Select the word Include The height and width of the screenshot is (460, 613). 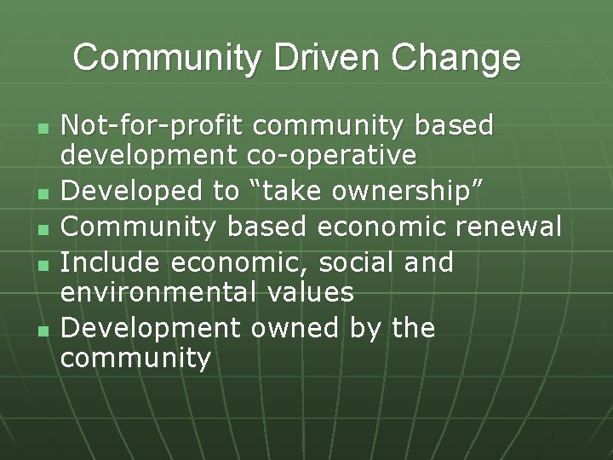110,262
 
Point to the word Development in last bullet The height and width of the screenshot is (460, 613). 146,327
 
